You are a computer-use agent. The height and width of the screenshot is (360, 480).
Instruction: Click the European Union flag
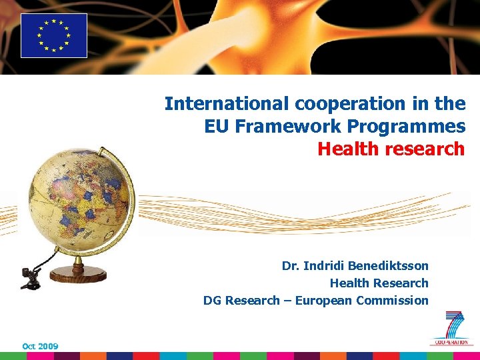54,35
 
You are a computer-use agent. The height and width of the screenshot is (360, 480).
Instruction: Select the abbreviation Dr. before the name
290,266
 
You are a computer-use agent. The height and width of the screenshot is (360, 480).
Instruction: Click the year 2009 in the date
49,347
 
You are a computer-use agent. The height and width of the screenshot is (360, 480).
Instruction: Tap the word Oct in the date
29,347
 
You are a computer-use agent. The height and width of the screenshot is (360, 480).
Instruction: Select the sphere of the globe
79,199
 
